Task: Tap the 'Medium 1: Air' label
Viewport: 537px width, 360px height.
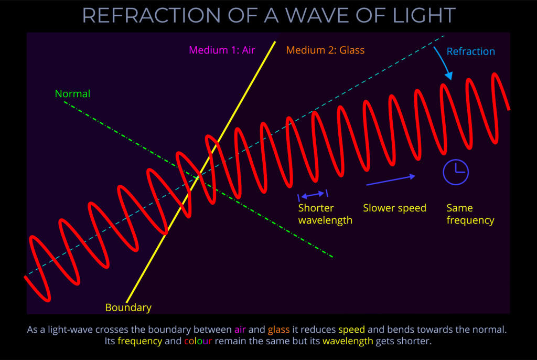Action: (222, 50)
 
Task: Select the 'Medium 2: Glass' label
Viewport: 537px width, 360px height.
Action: (325, 50)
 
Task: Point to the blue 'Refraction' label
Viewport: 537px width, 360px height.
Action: (470, 51)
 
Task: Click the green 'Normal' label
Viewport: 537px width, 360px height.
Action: (72, 94)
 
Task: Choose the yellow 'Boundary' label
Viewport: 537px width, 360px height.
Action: (128, 308)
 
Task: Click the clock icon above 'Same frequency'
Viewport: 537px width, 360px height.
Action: (455, 172)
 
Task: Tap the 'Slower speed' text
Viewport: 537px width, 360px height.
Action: (394, 208)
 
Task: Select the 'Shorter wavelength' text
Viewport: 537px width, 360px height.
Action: (325, 214)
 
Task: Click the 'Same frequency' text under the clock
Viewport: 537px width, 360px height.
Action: (470, 214)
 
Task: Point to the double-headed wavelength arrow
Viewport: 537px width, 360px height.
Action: (313, 194)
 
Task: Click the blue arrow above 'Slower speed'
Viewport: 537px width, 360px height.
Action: (391, 180)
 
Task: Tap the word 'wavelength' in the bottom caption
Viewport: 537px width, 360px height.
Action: (348, 342)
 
